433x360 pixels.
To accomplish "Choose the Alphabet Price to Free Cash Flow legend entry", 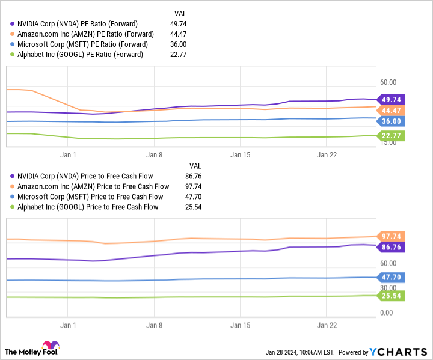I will [x=88, y=207].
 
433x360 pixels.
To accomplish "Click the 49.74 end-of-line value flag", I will [x=390, y=100].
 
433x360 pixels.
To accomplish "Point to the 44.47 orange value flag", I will [x=390, y=110].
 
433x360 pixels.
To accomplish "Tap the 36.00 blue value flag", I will [x=390, y=121].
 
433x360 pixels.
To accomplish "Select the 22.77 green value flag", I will [x=390, y=136].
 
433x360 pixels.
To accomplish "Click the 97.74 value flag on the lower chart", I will [x=390, y=236].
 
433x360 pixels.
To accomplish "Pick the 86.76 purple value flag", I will [x=390, y=246].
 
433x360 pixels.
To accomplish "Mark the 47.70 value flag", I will [x=390, y=277].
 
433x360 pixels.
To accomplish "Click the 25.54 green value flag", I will [x=390, y=295].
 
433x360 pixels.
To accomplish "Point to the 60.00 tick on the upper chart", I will [x=388, y=82].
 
